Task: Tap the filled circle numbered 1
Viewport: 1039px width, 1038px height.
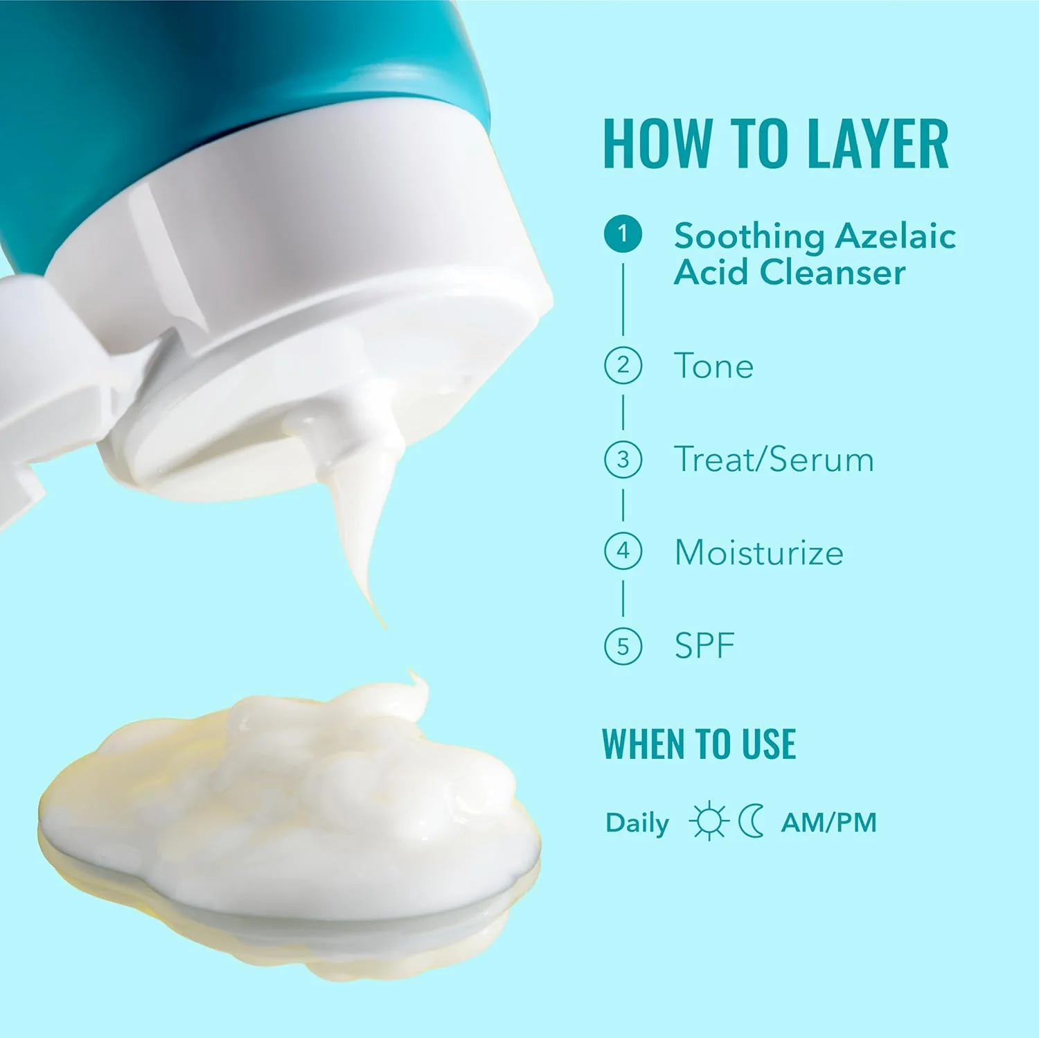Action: coord(623,233)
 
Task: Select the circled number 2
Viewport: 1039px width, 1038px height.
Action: coord(623,365)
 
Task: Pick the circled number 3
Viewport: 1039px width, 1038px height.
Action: coord(623,459)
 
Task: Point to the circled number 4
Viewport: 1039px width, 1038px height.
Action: coord(623,552)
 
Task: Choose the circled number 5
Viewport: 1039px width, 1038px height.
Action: coord(623,646)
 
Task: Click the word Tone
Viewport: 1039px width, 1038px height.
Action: coord(713,366)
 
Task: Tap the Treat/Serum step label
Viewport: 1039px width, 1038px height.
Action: coord(774,460)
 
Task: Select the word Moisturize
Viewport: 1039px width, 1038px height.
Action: coord(759,553)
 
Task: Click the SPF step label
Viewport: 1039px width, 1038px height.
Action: coord(704,646)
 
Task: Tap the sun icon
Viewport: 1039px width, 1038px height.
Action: coord(709,822)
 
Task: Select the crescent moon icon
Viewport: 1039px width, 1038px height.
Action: coord(751,822)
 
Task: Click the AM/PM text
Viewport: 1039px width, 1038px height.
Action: coord(828,823)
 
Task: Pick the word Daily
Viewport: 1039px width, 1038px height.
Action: coord(637,823)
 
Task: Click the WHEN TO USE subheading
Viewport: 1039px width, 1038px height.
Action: coord(699,744)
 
